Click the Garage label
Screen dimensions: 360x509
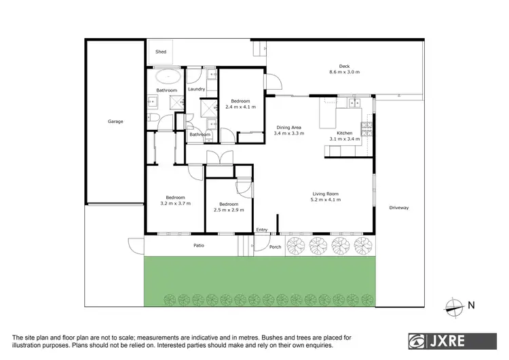click(115, 121)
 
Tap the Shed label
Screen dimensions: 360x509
click(161, 52)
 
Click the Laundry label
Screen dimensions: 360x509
click(197, 89)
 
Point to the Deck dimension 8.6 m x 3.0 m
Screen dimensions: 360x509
click(344, 71)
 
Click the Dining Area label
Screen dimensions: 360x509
click(288, 127)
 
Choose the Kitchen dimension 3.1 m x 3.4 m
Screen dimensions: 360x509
click(345, 139)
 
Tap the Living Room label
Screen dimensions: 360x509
click(324, 194)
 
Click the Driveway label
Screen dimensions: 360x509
click(399, 207)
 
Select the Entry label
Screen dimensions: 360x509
click(262, 230)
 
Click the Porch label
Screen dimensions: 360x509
click(275, 247)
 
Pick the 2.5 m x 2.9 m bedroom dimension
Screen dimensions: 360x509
click(229, 210)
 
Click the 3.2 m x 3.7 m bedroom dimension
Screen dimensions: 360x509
click(176, 203)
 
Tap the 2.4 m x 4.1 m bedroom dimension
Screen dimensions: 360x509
click(240, 107)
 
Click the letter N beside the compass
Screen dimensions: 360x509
click(471, 306)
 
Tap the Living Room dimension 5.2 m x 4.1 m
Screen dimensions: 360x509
click(324, 200)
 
